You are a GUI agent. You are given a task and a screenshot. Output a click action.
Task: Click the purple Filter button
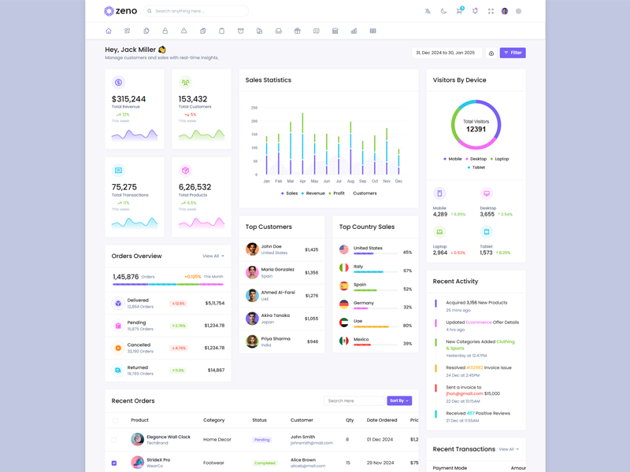tap(512, 53)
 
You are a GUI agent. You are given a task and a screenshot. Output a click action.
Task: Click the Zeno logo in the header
tap(120, 11)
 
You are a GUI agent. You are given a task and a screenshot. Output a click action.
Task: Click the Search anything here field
tap(197, 11)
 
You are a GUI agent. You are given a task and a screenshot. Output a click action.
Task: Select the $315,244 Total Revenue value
tap(128, 99)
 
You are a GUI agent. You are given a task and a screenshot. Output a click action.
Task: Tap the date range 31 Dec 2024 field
tap(447, 53)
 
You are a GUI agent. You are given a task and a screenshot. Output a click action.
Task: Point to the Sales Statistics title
tap(268, 80)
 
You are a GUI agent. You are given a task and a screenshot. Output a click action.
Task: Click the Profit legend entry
tap(336, 193)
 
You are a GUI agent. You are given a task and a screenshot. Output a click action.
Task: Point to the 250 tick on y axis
tap(254, 108)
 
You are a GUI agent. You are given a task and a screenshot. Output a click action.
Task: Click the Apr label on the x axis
tap(302, 181)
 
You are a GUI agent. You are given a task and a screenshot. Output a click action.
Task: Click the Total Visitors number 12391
tap(476, 129)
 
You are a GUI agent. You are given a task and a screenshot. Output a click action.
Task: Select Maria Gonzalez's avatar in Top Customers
tap(252, 272)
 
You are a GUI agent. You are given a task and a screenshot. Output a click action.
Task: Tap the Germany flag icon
tap(344, 304)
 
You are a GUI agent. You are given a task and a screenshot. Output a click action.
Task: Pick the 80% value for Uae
tap(407, 325)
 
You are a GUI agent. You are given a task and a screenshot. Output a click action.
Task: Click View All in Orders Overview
tap(213, 256)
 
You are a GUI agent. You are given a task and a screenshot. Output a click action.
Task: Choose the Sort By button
tap(399, 400)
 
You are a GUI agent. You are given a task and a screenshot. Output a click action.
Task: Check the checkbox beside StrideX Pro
tap(114, 463)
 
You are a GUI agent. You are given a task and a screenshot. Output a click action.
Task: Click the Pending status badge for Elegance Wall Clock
tap(262, 440)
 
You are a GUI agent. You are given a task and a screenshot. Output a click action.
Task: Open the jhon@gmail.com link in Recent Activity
tap(464, 393)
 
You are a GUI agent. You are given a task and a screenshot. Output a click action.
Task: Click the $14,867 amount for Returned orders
tap(216, 370)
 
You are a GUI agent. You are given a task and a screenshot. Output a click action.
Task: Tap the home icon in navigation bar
tap(109, 31)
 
